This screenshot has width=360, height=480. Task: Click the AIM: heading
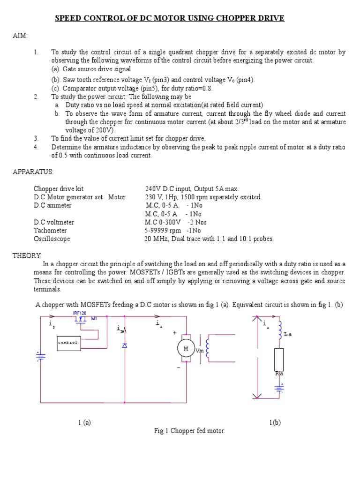coord(20,36)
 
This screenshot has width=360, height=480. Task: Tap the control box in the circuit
coord(68,343)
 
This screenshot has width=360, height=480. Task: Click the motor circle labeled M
coord(186,348)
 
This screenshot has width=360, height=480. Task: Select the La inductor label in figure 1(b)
coord(287,334)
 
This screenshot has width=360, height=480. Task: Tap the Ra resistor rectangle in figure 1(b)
coord(279,360)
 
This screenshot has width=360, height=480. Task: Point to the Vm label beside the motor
coord(199,350)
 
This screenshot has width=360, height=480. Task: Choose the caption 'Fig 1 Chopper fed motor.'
coord(190,431)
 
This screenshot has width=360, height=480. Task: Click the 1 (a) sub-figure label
coord(84,422)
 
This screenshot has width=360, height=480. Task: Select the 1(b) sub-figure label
coord(275,422)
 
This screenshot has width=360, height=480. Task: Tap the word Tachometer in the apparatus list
coord(50,230)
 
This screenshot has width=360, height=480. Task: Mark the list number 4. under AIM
coord(36,147)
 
